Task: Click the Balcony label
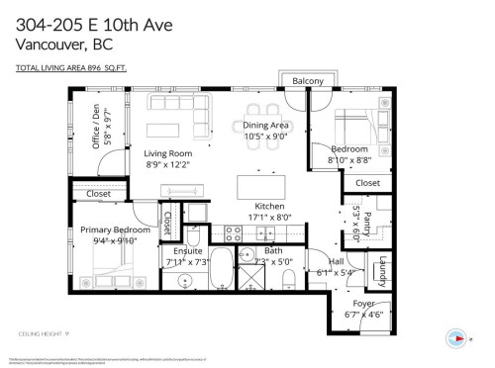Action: click(x=308, y=81)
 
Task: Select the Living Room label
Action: click(x=168, y=153)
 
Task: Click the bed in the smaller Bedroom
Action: click(x=355, y=128)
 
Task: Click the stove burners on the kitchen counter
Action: click(x=235, y=233)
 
